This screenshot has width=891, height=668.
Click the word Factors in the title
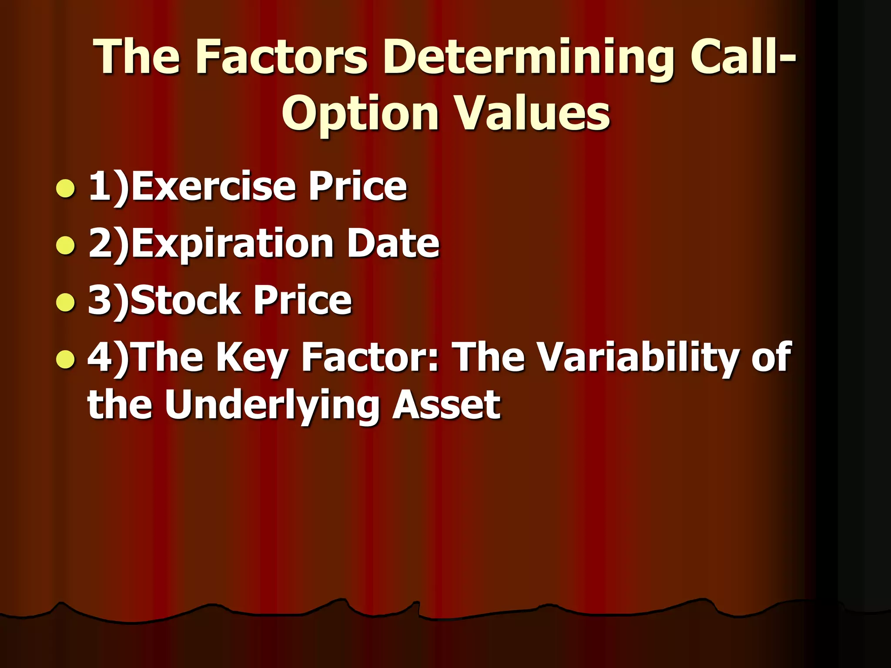[281, 57]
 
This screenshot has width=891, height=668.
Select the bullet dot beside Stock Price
[66, 302]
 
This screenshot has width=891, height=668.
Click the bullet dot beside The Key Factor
[66, 359]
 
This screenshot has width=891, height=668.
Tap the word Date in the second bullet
[393, 243]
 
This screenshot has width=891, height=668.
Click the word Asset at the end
[446, 405]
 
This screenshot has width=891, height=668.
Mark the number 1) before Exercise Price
[109, 187]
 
